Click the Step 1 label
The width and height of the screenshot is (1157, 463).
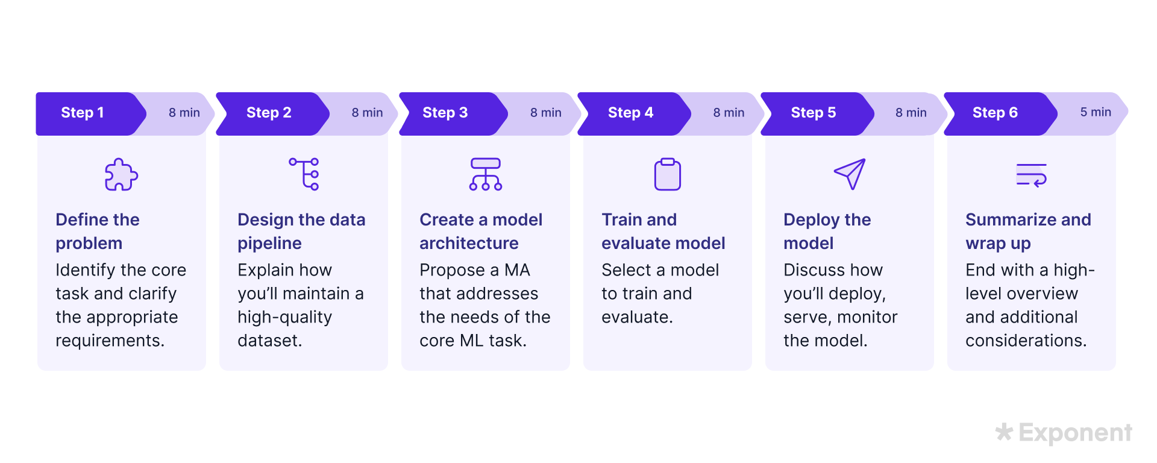point(83,113)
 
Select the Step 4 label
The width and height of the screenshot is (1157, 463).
point(630,113)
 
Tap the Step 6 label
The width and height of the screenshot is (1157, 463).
point(995,113)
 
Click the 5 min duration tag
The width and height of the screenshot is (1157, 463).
point(1095,112)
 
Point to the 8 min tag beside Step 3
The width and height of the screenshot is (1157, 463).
point(545,113)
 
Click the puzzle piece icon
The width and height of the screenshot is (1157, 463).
point(121,175)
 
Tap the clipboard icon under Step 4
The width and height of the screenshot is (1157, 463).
point(667,174)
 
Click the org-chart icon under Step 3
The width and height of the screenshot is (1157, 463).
point(485,174)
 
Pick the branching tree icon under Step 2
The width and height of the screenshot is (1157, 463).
point(304,174)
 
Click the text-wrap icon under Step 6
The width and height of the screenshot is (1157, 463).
point(1031,175)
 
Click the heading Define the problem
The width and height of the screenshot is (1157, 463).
point(97,231)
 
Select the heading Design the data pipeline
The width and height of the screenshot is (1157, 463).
point(301,231)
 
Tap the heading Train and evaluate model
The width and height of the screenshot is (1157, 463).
point(663,231)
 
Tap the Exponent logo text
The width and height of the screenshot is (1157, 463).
point(1074,433)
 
